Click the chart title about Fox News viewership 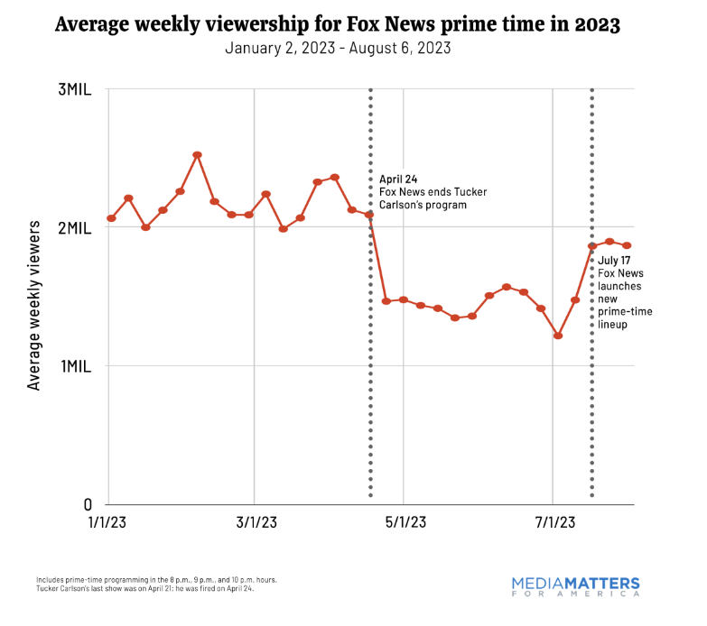[x=337, y=24]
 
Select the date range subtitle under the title [x=337, y=48]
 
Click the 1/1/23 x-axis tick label [x=107, y=523]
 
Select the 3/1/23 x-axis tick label [x=255, y=523]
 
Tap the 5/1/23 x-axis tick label [x=403, y=523]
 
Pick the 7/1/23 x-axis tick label [x=552, y=523]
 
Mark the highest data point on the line [x=197, y=155]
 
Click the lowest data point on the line [x=558, y=336]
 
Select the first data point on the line [x=111, y=218]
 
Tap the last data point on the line [x=627, y=245]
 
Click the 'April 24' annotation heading [x=398, y=180]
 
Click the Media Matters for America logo [x=575, y=586]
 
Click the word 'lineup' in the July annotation [x=614, y=325]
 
